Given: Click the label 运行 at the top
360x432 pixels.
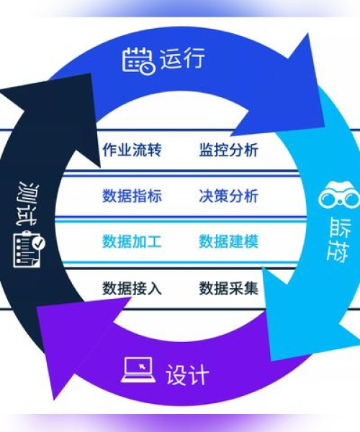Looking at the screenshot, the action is click(x=182, y=58).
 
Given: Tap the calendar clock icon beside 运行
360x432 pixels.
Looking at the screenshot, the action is click(x=139, y=60).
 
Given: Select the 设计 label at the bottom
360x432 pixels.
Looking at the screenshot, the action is click(x=187, y=374).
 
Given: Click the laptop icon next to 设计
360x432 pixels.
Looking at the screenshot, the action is click(x=138, y=370).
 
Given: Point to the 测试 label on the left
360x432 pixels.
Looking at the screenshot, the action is click(x=27, y=204).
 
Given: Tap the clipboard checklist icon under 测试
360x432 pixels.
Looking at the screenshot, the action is click(x=30, y=249).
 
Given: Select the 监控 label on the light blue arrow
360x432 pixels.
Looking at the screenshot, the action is click(x=338, y=239).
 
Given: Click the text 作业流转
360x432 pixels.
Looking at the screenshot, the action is click(x=132, y=150).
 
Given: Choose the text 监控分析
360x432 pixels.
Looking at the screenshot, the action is click(x=229, y=150).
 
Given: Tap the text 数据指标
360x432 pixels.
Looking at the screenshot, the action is click(x=132, y=196).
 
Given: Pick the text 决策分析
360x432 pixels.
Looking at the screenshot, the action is click(x=229, y=196).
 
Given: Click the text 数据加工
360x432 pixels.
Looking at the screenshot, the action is click(x=132, y=241).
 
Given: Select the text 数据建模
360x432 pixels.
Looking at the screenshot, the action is click(x=229, y=241).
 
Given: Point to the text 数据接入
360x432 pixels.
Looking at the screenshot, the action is click(x=132, y=289).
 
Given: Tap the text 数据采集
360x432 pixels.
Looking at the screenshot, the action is click(x=229, y=289).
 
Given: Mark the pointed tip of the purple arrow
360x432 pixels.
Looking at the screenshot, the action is click(x=54, y=399).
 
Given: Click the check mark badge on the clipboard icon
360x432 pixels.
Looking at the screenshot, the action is click(x=39, y=243).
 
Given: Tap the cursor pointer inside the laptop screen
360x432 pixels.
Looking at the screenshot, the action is click(x=142, y=366).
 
